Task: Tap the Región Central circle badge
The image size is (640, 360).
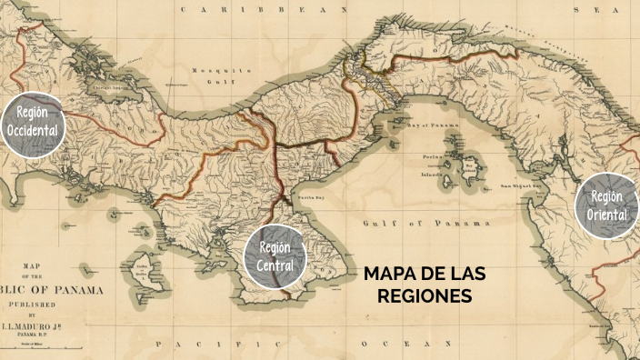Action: [x=275, y=256]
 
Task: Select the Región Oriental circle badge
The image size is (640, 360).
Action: [x=607, y=205]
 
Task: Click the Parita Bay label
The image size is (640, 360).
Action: [x=301, y=195]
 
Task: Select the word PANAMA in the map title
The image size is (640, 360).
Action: [x=81, y=290]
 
